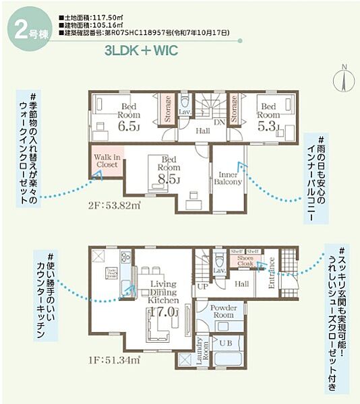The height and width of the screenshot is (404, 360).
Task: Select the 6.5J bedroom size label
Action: point(128,125)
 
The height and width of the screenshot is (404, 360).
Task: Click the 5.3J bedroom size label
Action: point(268,125)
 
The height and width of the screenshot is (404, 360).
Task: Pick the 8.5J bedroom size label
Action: point(169,178)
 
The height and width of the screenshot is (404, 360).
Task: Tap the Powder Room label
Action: point(222,310)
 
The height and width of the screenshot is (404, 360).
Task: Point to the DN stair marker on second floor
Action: point(218,123)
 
